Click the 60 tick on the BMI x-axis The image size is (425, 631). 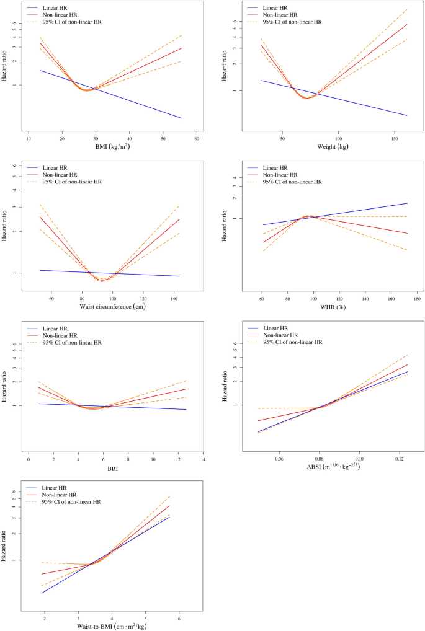click(197, 139)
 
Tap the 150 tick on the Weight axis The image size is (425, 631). click(394, 139)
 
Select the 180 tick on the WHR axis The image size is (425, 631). click(418, 298)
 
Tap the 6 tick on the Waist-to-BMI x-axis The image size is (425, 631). click(179, 617)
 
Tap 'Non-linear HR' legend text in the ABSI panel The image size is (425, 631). click(283, 334)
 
